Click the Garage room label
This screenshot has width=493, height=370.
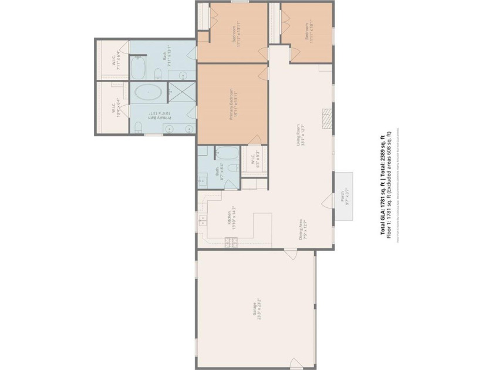(256, 309)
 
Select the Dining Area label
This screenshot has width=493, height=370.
(302, 226)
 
